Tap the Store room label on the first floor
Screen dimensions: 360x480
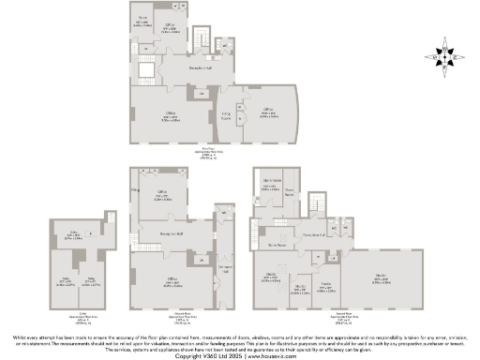click(143, 20)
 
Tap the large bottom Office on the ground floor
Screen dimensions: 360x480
click(172, 281)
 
